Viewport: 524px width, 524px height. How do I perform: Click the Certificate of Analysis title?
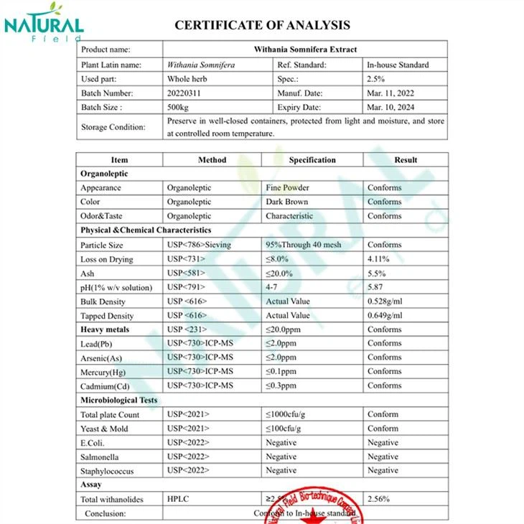[262, 25]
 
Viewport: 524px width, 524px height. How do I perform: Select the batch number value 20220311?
[183, 93]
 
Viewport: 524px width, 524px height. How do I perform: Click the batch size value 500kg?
[179, 107]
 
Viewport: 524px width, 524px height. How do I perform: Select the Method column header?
[212, 159]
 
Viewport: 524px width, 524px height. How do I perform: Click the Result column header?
[406, 159]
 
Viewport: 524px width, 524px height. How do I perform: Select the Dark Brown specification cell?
[286, 202]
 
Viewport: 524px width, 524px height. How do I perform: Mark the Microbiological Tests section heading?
[119, 400]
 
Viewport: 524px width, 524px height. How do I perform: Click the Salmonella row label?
[100, 457]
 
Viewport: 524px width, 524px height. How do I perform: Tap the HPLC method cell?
[178, 498]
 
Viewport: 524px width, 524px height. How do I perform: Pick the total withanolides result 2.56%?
[378, 498]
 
